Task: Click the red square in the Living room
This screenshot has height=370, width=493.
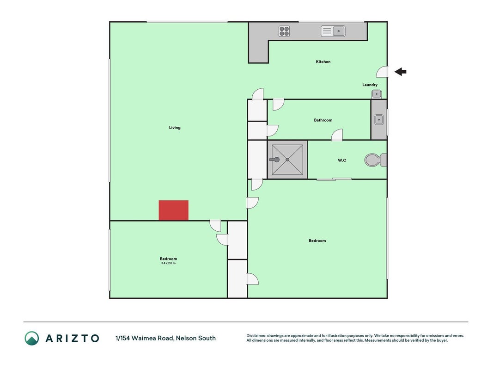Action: (174, 210)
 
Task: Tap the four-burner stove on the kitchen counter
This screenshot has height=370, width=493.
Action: (284, 31)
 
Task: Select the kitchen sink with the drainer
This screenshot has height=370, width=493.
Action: (333, 31)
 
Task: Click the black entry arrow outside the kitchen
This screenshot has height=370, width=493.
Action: (400, 72)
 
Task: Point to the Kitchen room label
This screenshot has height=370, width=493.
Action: (323, 62)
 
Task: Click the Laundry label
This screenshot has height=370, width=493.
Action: (370, 85)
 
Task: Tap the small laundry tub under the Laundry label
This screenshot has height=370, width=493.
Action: (377, 94)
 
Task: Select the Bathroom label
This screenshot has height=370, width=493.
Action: (323, 120)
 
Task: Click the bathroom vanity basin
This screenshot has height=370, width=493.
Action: (379, 120)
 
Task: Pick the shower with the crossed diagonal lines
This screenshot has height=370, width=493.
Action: (287, 160)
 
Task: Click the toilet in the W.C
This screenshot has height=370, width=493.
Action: (376, 160)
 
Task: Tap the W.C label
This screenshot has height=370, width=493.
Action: (342, 160)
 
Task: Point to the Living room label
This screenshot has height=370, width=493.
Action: (175, 128)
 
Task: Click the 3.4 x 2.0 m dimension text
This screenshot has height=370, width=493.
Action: (168, 263)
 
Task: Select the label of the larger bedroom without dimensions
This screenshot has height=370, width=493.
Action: (317, 240)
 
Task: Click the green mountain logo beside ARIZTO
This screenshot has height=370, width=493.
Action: (32, 338)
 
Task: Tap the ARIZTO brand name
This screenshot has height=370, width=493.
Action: (73, 338)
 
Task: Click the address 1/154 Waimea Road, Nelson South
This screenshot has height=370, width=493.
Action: (165, 338)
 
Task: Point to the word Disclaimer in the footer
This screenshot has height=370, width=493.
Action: (256, 336)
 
